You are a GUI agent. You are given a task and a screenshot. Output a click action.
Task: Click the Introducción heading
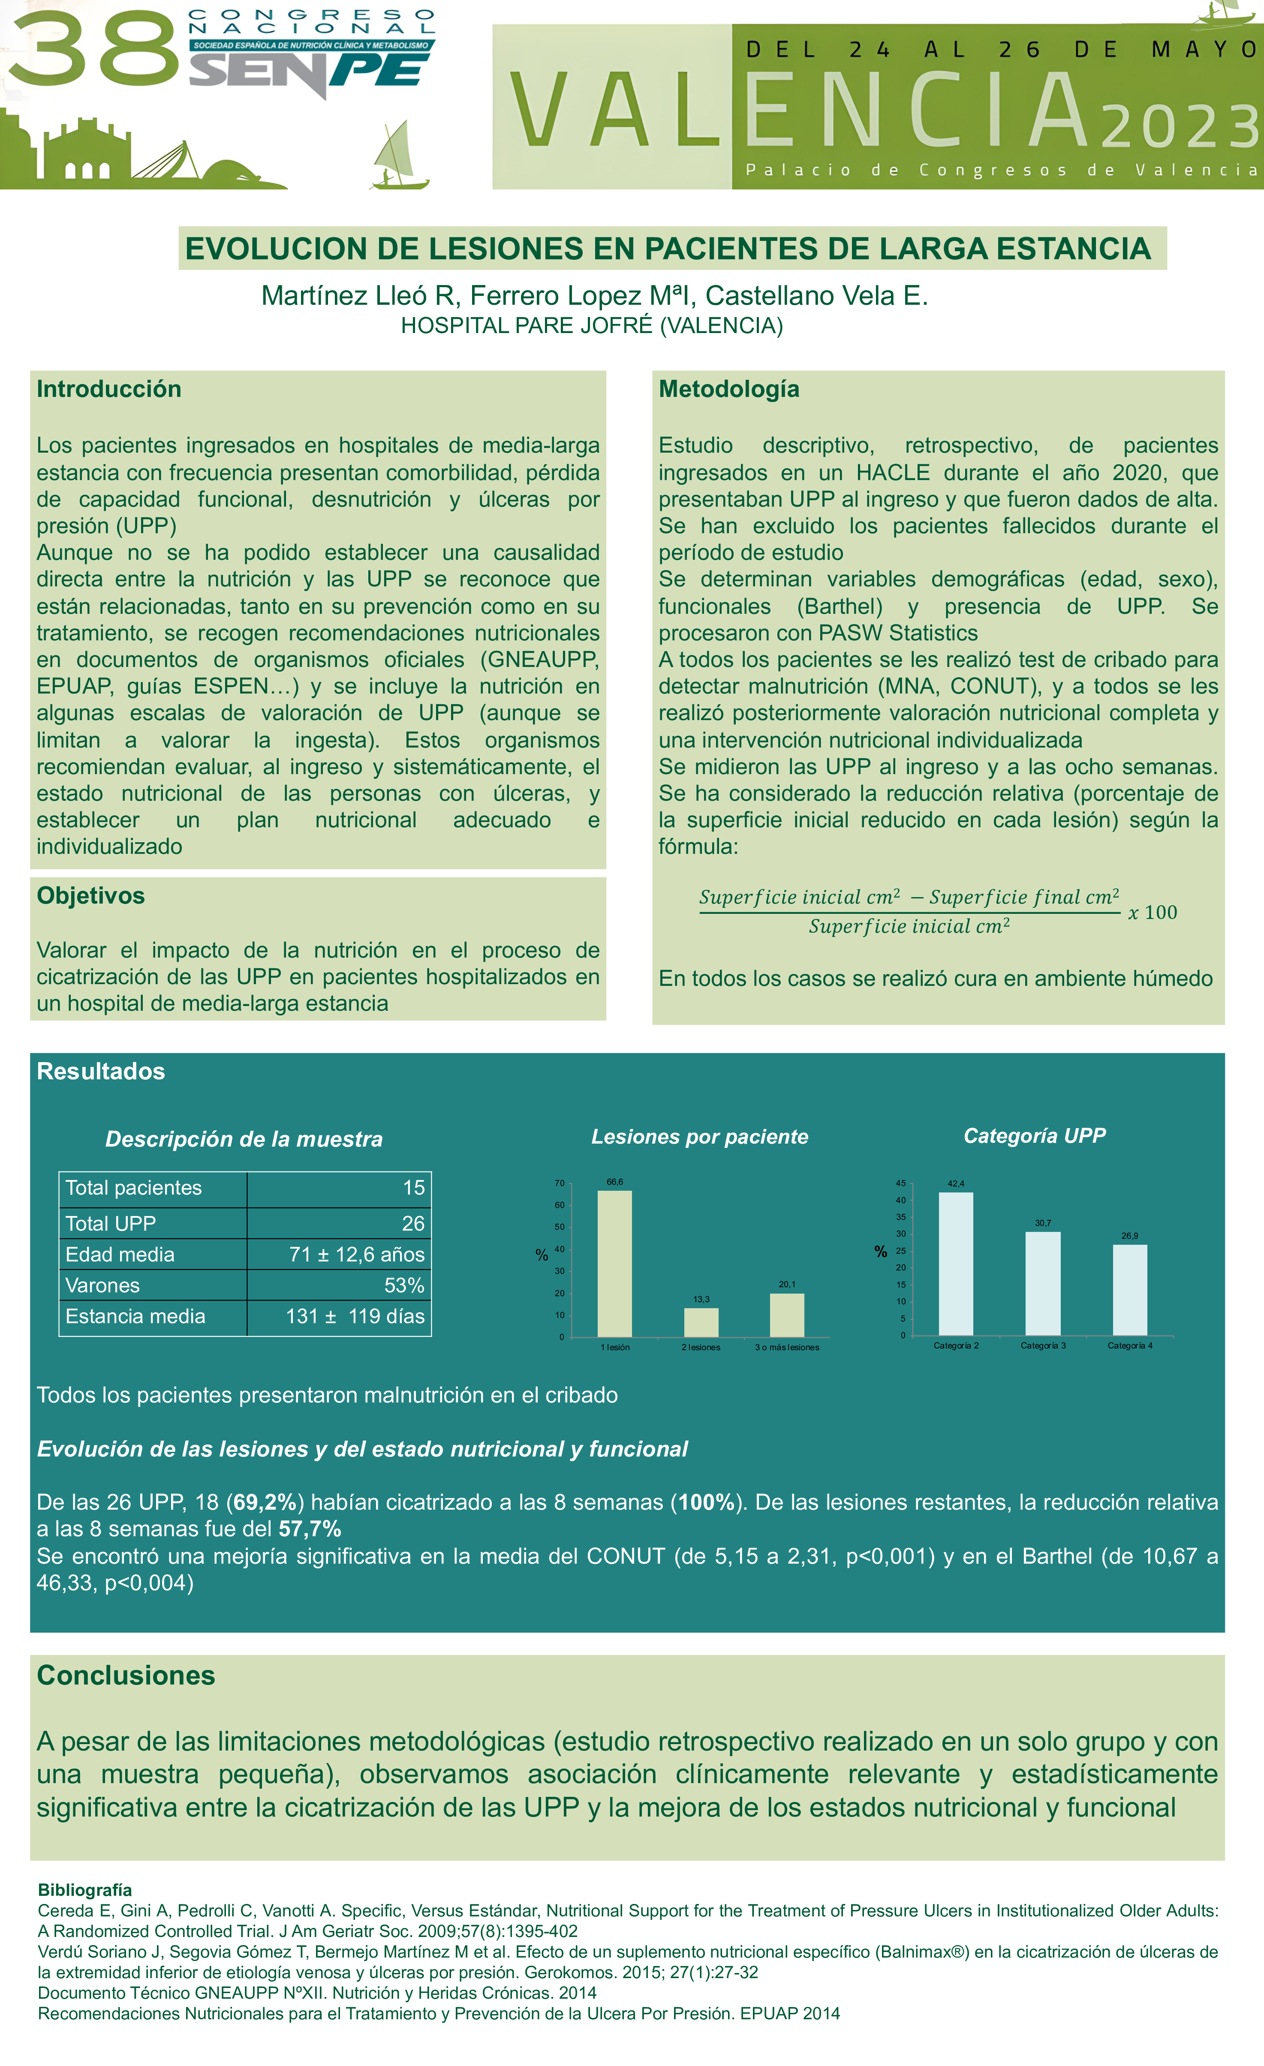point(109,389)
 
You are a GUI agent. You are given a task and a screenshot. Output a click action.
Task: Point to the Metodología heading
point(729,389)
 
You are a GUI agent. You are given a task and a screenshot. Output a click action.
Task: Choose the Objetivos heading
point(90,895)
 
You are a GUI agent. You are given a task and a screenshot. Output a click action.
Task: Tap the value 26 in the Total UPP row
point(412,1223)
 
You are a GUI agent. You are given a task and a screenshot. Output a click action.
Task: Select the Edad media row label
point(120,1254)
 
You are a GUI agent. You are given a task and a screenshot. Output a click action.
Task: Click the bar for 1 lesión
point(615,1264)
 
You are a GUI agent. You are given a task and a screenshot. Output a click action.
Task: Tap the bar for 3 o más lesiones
point(787,1315)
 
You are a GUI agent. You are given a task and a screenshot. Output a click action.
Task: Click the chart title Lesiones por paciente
point(699,1137)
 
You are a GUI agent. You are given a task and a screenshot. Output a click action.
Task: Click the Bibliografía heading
point(85,1890)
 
